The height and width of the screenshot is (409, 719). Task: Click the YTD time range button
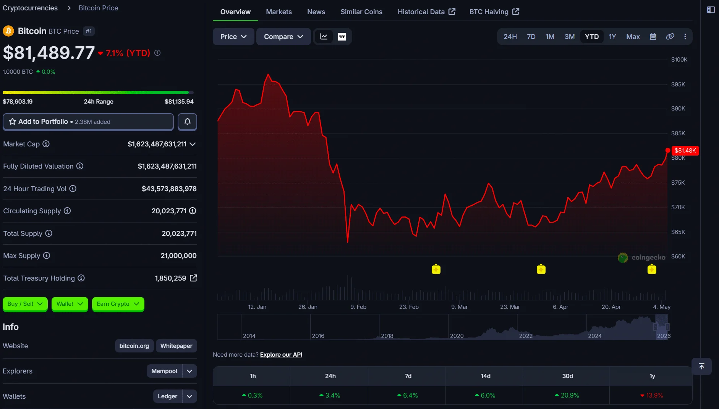(591, 37)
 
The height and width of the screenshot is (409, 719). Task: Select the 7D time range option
(531, 37)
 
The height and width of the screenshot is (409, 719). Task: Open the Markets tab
(279, 12)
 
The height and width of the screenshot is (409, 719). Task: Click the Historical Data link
(426, 12)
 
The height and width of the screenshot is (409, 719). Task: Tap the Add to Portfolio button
(88, 122)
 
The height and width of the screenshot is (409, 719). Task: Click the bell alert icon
(187, 122)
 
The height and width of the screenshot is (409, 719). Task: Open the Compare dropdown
(283, 37)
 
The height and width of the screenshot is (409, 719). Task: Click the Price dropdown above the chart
(233, 37)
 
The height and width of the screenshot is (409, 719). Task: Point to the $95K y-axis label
(678, 84)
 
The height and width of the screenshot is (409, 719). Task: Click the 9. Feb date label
(358, 307)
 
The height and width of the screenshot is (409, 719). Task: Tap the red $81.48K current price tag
(685, 151)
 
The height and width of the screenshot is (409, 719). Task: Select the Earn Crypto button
(118, 304)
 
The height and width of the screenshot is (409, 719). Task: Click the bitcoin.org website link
(134, 346)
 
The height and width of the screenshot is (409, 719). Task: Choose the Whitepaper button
(177, 346)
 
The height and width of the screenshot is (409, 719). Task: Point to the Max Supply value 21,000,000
(178, 256)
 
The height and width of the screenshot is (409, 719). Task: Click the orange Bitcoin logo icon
(8, 31)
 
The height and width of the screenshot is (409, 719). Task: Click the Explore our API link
(281, 355)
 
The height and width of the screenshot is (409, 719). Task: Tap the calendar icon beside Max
(653, 37)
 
